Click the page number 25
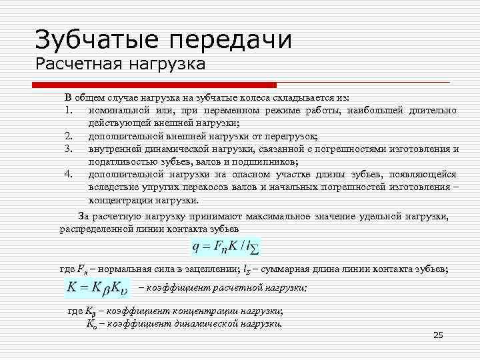click(438, 335)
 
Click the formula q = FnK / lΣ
click(226, 247)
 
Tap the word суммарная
click(286, 269)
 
